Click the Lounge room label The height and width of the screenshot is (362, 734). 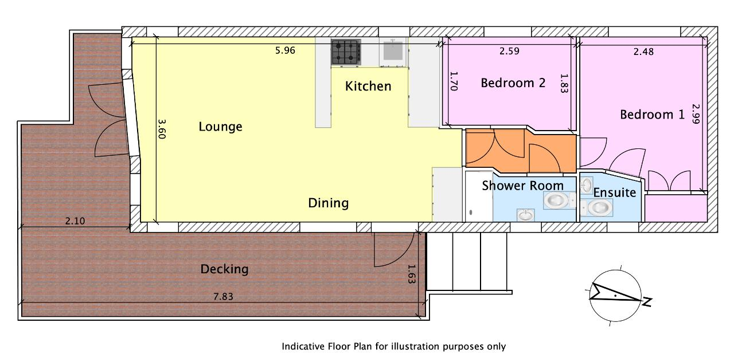click(221, 127)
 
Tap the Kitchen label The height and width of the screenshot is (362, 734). click(368, 86)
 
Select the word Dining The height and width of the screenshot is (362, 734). click(329, 203)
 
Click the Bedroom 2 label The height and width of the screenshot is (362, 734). click(513, 83)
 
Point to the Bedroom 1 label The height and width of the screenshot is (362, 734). click(653, 114)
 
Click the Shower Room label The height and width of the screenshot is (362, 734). click(522, 186)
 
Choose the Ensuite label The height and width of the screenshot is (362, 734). click(615, 192)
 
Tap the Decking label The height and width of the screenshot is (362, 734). click(224, 269)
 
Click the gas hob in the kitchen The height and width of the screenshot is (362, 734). click(346, 52)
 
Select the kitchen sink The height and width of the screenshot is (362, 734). click(393, 51)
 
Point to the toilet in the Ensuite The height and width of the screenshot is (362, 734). click(597, 207)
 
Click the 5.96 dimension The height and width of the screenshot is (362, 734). click(285, 50)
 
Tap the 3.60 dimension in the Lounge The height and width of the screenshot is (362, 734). click(162, 129)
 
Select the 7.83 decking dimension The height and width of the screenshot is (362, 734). click(224, 297)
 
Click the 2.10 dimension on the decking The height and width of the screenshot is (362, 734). click(75, 221)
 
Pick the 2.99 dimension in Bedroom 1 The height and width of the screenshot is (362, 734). click(696, 113)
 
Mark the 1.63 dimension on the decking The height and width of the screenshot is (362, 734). click(411, 274)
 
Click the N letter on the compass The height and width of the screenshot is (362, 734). click(646, 302)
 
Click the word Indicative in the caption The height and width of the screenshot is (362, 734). click(303, 347)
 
